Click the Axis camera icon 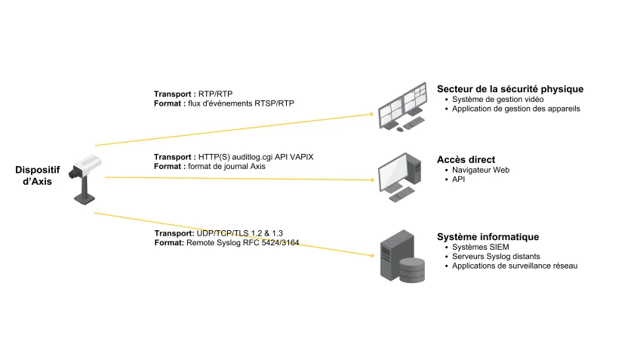click(x=85, y=177)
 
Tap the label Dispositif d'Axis click(x=38, y=175)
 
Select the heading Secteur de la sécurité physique click(x=510, y=89)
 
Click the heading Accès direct click(x=466, y=159)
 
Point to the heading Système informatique click(x=488, y=237)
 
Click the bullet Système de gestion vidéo click(x=497, y=100)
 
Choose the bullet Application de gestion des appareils click(x=515, y=109)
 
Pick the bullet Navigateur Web click(x=481, y=170)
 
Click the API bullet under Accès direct click(x=459, y=180)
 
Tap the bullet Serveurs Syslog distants click(x=496, y=257)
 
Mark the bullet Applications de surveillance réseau click(x=515, y=266)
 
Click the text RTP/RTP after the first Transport click(x=215, y=94)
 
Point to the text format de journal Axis click(x=226, y=166)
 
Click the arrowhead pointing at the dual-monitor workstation click(x=371, y=113)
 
